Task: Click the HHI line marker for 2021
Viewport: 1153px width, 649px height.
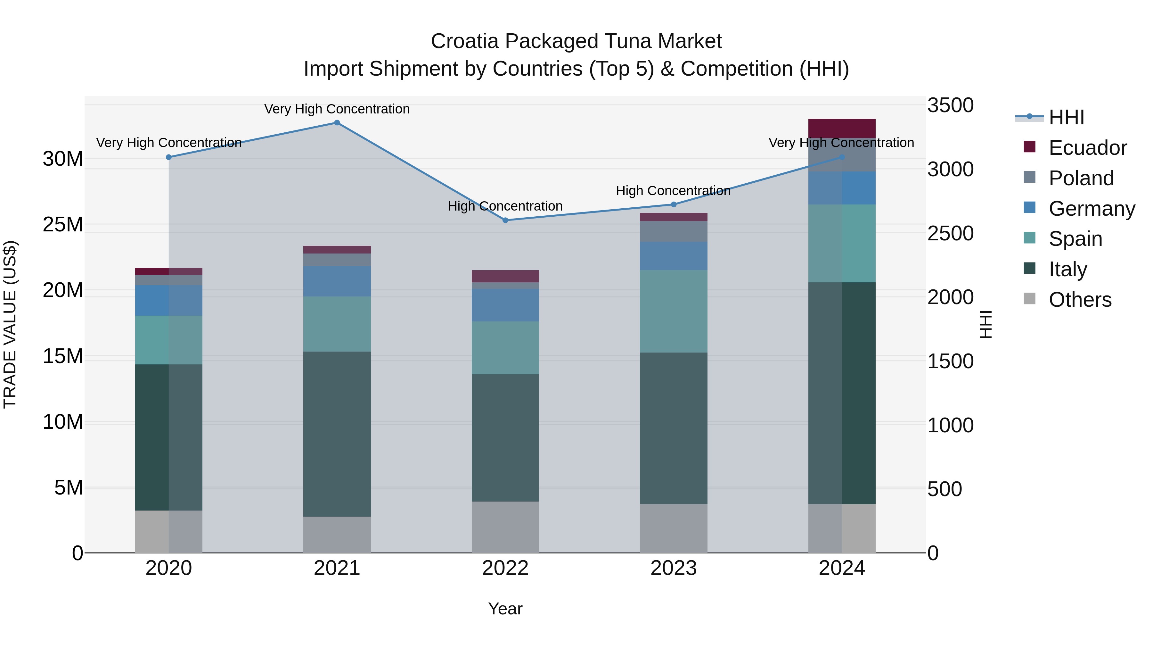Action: pos(337,123)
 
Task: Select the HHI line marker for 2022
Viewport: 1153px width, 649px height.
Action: pos(505,220)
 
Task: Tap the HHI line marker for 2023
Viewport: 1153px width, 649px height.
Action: pos(674,205)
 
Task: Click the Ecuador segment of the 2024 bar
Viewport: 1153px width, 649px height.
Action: pos(842,129)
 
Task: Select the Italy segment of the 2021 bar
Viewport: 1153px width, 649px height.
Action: pos(337,434)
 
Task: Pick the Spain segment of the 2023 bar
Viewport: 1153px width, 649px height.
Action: pos(674,311)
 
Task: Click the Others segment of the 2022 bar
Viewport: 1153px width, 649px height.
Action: pos(505,527)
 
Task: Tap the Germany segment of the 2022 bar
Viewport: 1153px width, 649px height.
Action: pos(505,305)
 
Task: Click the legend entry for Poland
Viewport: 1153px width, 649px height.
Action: pos(1081,178)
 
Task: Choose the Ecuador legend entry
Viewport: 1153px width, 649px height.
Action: pos(1087,148)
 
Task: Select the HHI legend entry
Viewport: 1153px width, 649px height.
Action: pos(1066,117)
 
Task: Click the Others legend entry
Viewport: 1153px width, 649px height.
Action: pos(1080,300)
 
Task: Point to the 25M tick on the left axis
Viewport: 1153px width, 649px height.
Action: pos(63,224)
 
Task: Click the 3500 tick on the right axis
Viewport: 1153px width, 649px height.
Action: pos(950,106)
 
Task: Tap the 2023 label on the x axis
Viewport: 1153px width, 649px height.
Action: pos(674,568)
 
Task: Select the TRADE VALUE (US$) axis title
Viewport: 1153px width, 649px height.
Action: pos(10,324)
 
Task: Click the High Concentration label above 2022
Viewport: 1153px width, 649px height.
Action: pos(505,206)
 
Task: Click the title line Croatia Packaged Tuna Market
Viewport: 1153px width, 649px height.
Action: pos(576,41)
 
